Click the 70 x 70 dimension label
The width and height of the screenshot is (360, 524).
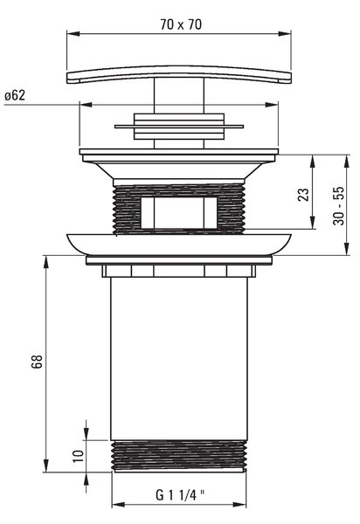point(181,24)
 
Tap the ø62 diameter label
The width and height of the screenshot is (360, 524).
point(15,95)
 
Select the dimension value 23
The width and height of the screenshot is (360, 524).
point(303,195)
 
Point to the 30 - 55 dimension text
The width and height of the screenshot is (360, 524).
point(338,205)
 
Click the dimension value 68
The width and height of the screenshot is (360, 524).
point(37,362)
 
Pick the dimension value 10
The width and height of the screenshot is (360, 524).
point(79,456)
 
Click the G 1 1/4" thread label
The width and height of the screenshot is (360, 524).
point(180,495)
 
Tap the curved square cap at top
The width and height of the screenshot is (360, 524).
point(179,74)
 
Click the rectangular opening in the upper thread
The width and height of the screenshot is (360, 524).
point(179,213)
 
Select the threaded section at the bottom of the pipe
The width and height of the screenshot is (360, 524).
point(179,456)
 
